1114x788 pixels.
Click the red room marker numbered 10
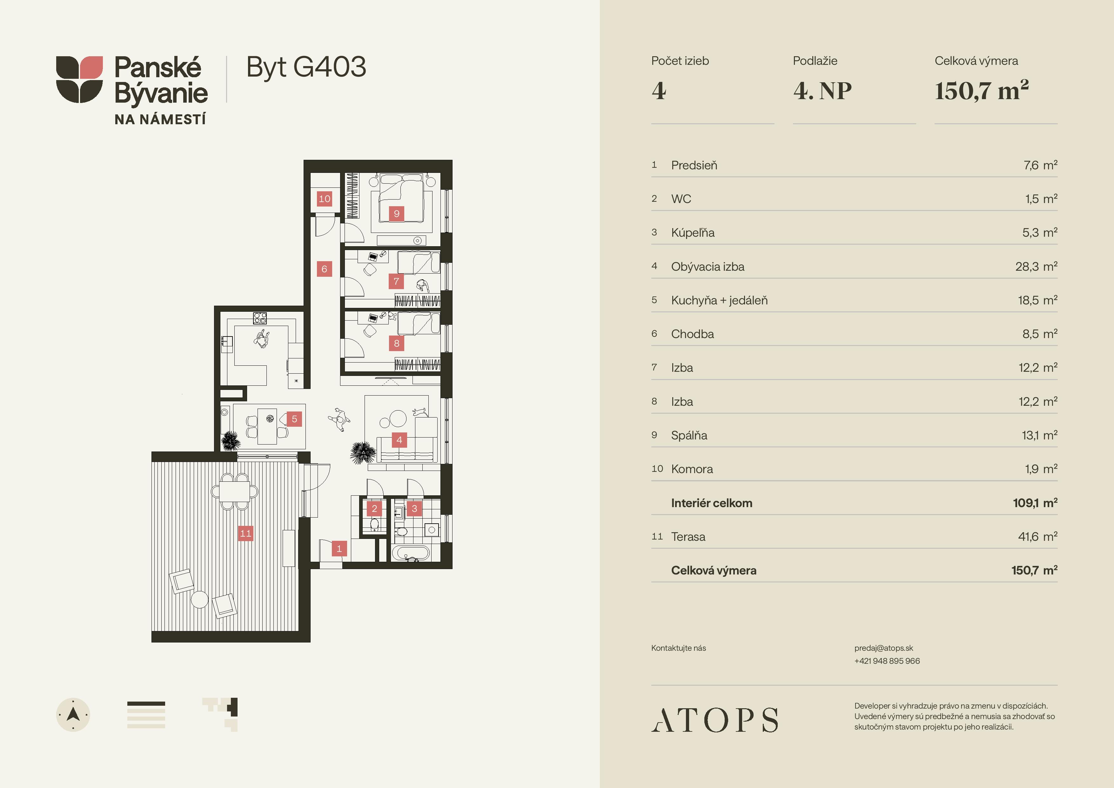(x=325, y=199)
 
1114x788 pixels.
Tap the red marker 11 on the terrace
(x=246, y=533)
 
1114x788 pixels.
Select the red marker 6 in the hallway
(x=325, y=269)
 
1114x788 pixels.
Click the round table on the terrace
(x=199, y=599)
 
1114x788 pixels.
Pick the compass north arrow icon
(x=73, y=715)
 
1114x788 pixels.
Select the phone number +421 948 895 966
(x=887, y=661)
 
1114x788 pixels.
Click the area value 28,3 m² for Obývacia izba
(x=1037, y=266)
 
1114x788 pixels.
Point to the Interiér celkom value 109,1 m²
(x=1035, y=503)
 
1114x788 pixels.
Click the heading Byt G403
(x=306, y=67)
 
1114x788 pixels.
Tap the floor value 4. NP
(x=822, y=91)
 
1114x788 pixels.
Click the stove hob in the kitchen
(x=260, y=318)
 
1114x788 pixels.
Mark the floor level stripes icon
(x=146, y=715)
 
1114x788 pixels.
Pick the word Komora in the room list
(x=692, y=469)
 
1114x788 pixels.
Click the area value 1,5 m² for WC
(x=1041, y=199)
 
